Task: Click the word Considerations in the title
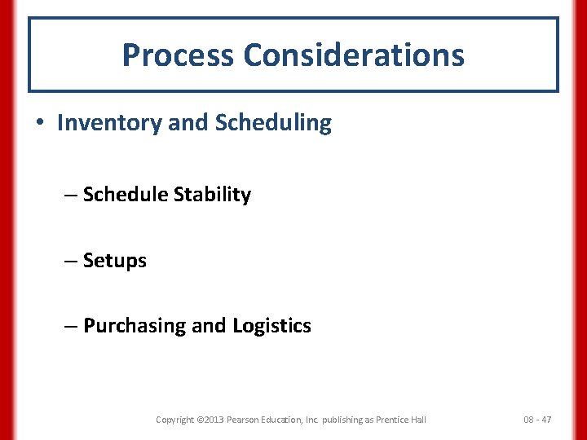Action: pos(353,55)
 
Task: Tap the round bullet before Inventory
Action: pos(40,123)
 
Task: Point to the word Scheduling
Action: pos(273,123)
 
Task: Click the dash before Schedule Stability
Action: pos(70,195)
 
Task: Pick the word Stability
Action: pos(213,195)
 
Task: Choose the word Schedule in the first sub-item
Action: pos(126,195)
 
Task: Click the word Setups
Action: pos(115,262)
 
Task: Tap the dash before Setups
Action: pos(70,261)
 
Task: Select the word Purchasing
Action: pos(135,326)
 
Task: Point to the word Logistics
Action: pos(271,326)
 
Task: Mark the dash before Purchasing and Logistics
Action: pos(70,326)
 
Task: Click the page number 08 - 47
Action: pos(537,420)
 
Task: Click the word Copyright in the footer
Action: pos(175,420)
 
